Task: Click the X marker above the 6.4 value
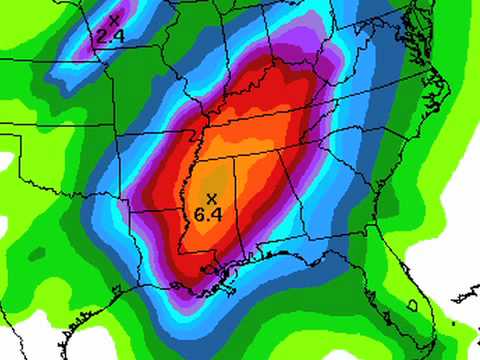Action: pyautogui.click(x=212, y=198)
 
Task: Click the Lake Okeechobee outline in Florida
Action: pyautogui.click(x=411, y=304)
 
